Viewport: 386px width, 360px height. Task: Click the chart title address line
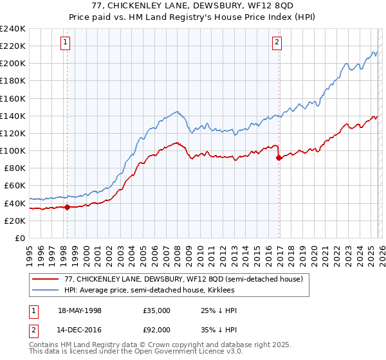point(193,5)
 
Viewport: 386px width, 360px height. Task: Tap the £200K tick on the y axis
point(13,64)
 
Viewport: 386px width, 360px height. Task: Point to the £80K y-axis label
point(15,168)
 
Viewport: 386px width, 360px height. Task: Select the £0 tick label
point(21,238)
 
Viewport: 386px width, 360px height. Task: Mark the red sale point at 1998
point(67,207)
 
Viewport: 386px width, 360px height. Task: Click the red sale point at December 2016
point(279,157)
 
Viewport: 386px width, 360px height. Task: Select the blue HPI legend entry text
point(154,291)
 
